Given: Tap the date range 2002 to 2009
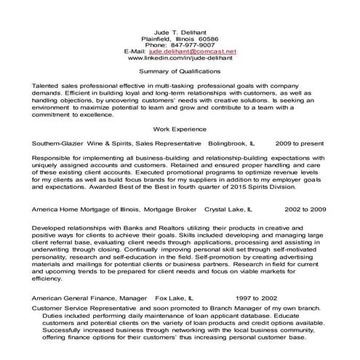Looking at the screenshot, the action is coord(305,208).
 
